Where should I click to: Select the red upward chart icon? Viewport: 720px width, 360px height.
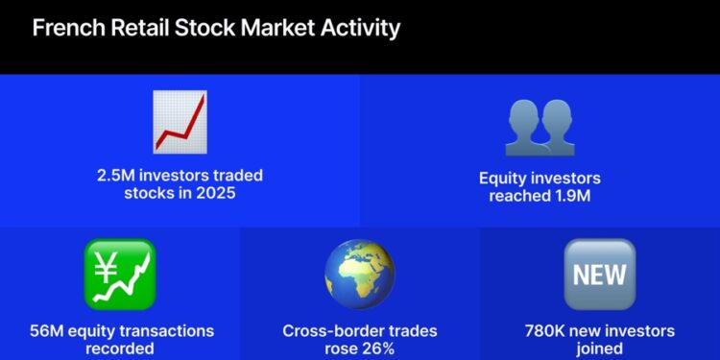tap(180, 123)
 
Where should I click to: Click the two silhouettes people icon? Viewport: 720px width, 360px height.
tap(539, 127)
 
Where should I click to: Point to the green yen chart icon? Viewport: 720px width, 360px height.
tap(119, 275)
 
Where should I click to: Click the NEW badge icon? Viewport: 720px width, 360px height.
tap(599, 275)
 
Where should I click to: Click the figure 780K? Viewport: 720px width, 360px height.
tap(541, 331)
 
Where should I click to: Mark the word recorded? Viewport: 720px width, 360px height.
tap(120, 348)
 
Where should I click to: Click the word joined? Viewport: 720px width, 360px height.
tap(599, 348)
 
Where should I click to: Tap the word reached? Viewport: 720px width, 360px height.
tap(516, 196)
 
